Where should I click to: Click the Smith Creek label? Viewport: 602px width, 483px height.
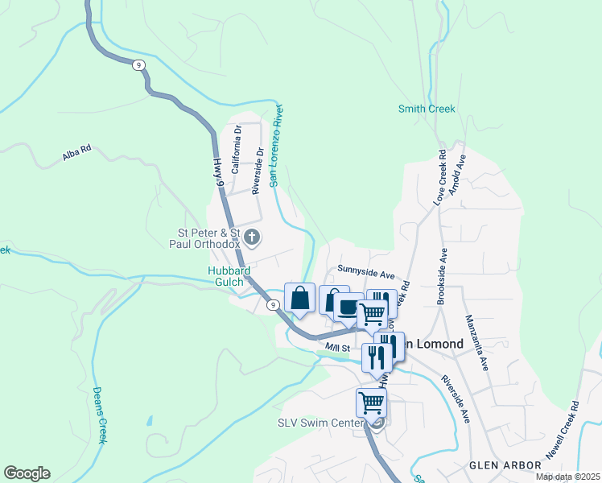(x=427, y=109)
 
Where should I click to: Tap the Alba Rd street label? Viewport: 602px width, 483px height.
(x=77, y=154)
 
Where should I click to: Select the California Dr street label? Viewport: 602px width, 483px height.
(x=237, y=150)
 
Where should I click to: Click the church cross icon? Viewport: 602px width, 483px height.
(x=253, y=237)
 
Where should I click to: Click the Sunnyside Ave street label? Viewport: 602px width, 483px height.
(x=366, y=270)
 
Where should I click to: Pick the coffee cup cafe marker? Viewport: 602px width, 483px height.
(x=348, y=308)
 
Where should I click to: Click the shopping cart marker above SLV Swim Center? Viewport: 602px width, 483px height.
(x=371, y=402)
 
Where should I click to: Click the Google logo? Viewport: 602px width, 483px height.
(x=27, y=473)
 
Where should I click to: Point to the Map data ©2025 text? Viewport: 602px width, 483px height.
(x=567, y=477)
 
